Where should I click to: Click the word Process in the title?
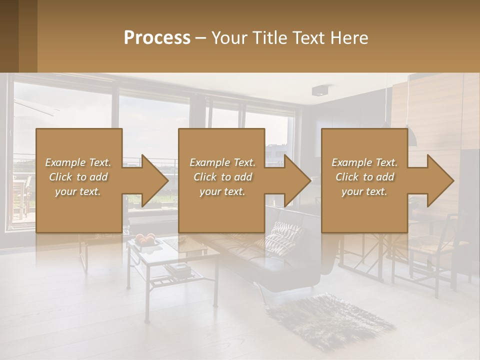(157, 38)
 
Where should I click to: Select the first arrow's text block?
(78, 177)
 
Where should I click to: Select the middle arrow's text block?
(222, 177)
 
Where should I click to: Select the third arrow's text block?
(364, 177)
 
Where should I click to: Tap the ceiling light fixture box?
(319, 90)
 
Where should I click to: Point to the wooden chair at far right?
(432, 250)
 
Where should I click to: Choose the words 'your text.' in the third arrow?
(364, 191)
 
